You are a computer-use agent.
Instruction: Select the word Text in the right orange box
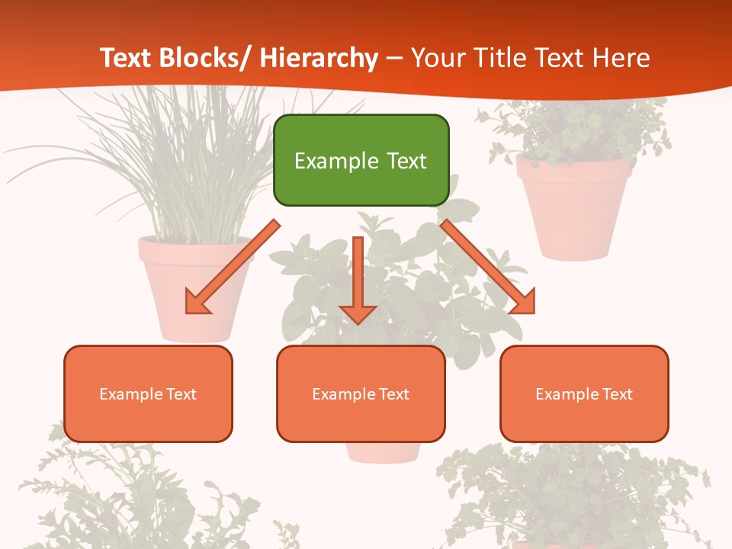tap(617, 394)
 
